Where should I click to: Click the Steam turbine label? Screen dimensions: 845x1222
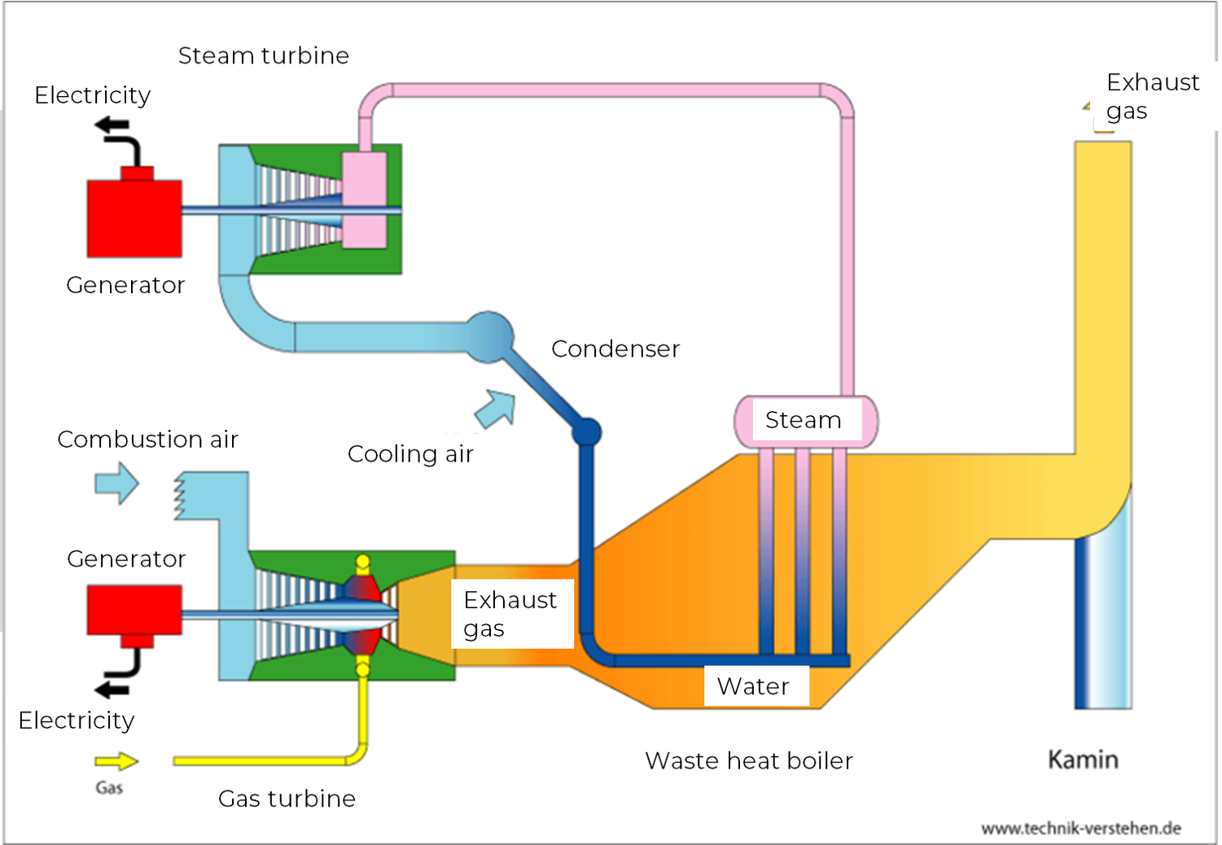pyautogui.click(x=263, y=55)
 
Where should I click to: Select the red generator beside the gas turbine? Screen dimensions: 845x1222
pyautogui.click(x=134, y=610)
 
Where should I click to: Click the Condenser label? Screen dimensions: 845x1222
pyautogui.click(x=615, y=348)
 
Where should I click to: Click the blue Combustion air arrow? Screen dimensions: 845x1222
pyautogui.click(x=117, y=483)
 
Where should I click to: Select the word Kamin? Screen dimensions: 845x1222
pyautogui.click(x=1083, y=760)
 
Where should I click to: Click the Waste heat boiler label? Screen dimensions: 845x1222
pyautogui.click(x=748, y=760)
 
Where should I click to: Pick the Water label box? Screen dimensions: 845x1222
pyautogui.click(x=755, y=686)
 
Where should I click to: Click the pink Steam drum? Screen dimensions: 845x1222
pyautogui.click(x=805, y=420)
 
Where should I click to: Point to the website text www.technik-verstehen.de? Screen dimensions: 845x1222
pyautogui.click(x=1080, y=828)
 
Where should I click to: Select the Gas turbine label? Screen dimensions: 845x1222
pyautogui.click(x=287, y=799)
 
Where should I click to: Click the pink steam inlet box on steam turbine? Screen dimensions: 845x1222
pyautogui.click(x=364, y=200)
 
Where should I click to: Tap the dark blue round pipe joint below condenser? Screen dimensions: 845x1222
pyautogui.click(x=586, y=431)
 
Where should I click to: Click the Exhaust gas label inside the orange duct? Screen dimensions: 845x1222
pyautogui.click(x=510, y=614)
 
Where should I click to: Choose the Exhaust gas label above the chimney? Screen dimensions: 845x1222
pyautogui.click(x=1152, y=96)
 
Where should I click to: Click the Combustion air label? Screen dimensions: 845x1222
pyautogui.click(x=147, y=440)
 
